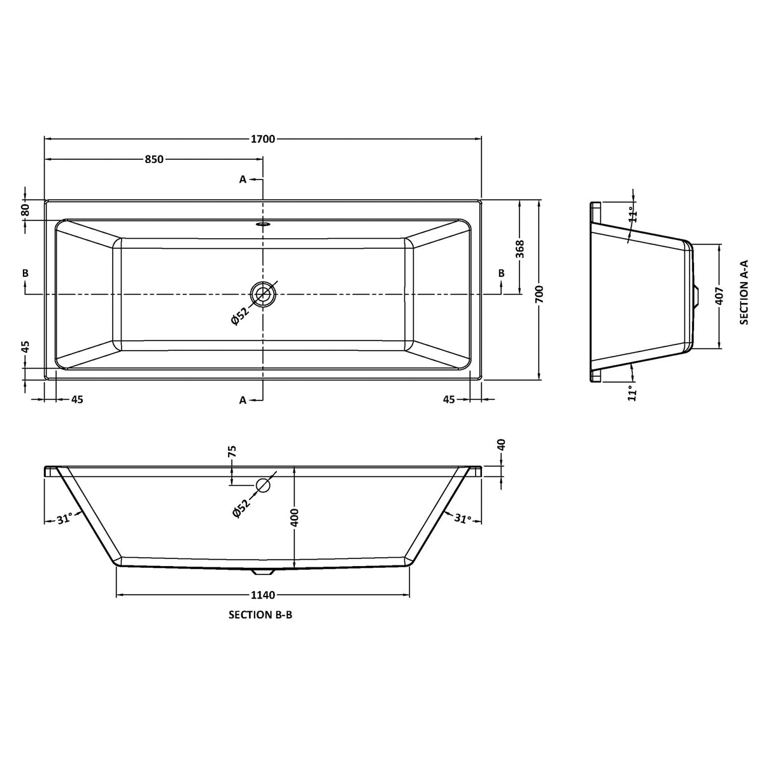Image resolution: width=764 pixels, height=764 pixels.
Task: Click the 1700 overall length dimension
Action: click(262, 139)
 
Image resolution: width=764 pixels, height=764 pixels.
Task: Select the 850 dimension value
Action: click(154, 160)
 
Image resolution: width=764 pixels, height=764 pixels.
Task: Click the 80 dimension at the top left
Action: click(25, 209)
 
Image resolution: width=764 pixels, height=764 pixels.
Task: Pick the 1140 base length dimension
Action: click(262, 595)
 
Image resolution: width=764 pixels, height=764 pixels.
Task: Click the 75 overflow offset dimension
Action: click(232, 452)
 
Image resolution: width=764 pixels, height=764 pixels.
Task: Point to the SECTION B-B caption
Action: click(260, 616)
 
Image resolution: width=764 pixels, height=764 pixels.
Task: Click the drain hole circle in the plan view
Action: click(263, 294)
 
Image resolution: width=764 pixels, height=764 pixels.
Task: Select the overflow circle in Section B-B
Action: click(263, 486)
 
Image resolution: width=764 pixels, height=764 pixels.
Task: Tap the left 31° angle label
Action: click(63, 520)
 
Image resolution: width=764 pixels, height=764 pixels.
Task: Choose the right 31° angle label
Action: click(463, 520)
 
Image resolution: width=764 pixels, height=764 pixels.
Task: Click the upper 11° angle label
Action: click(632, 214)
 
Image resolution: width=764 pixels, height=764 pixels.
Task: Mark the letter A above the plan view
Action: click(243, 180)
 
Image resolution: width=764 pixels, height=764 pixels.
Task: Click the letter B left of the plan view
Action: click(25, 273)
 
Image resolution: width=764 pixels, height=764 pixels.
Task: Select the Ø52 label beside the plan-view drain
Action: click(239, 316)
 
